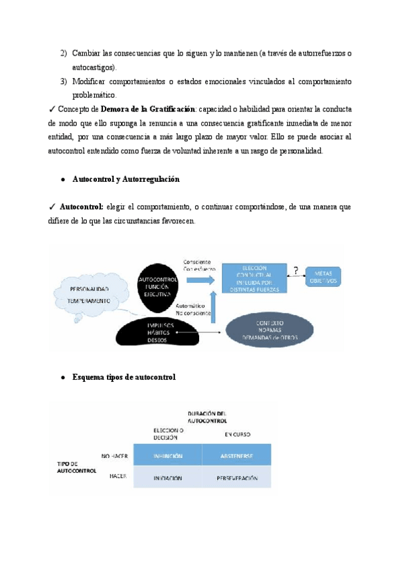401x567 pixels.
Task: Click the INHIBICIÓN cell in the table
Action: point(168,456)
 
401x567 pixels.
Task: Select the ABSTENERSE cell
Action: point(237,456)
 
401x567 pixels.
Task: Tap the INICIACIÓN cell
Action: point(168,478)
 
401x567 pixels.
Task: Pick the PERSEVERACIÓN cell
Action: point(237,478)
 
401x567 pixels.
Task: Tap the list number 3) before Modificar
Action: point(63,82)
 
